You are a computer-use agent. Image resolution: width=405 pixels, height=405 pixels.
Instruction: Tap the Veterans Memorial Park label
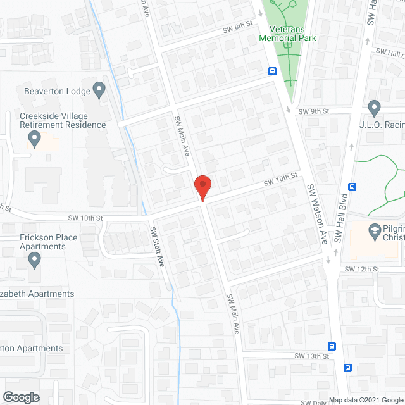click(287, 34)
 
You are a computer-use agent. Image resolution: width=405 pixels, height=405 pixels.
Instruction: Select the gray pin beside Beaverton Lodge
click(98, 90)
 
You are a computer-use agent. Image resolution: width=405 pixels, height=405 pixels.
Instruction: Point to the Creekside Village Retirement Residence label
click(63, 120)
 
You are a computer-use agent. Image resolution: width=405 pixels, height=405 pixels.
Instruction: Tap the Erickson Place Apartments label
click(39, 242)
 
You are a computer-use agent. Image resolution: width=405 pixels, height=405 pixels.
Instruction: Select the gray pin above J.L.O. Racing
click(373, 108)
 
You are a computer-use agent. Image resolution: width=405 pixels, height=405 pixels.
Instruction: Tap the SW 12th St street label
click(361, 270)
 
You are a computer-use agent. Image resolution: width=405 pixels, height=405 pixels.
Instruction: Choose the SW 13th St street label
click(312, 356)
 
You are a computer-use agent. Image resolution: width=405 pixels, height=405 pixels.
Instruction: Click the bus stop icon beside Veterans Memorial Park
click(272, 71)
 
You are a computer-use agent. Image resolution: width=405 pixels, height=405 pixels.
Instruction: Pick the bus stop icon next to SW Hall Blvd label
click(352, 187)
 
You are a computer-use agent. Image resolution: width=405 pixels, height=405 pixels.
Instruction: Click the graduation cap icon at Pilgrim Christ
click(375, 232)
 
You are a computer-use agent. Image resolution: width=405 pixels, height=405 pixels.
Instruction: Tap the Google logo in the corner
click(21, 397)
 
